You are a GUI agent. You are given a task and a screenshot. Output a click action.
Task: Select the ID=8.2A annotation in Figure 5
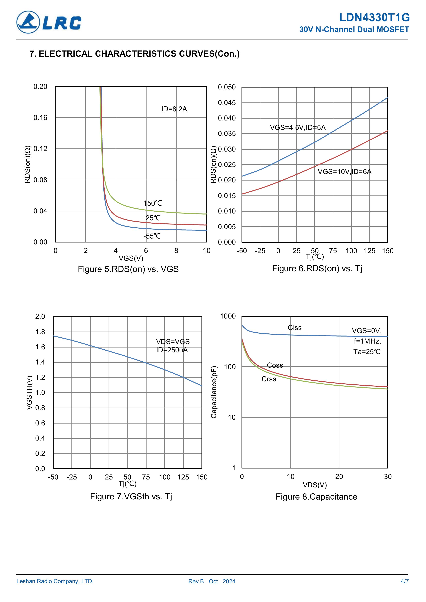click(x=174, y=109)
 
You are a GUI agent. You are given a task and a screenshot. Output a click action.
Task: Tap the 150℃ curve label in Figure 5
click(x=153, y=203)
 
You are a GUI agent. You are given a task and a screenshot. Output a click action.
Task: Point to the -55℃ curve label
click(x=152, y=236)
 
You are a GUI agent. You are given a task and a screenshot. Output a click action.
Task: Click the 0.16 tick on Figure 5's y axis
click(x=40, y=118)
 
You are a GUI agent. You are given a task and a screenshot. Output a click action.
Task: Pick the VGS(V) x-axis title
click(x=131, y=258)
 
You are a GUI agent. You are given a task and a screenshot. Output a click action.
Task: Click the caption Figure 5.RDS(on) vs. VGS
click(x=128, y=269)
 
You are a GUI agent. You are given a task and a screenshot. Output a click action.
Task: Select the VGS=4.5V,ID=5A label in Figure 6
click(x=298, y=128)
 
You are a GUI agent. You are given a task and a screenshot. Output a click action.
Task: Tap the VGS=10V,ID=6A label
click(x=344, y=172)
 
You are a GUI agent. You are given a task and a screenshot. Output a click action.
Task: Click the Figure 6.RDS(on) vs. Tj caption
click(x=317, y=269)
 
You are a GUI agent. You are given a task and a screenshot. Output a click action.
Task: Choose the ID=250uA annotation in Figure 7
click(x=172, y=350)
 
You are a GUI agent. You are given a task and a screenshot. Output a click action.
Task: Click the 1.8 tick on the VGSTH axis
click(x=40, y=332)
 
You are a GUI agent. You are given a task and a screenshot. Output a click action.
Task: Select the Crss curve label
click(x=269, y=379)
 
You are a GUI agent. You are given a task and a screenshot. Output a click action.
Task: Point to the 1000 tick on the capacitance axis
click(x=228, y=316)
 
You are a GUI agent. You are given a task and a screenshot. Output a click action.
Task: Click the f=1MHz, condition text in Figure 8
click(x=367, y=341)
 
